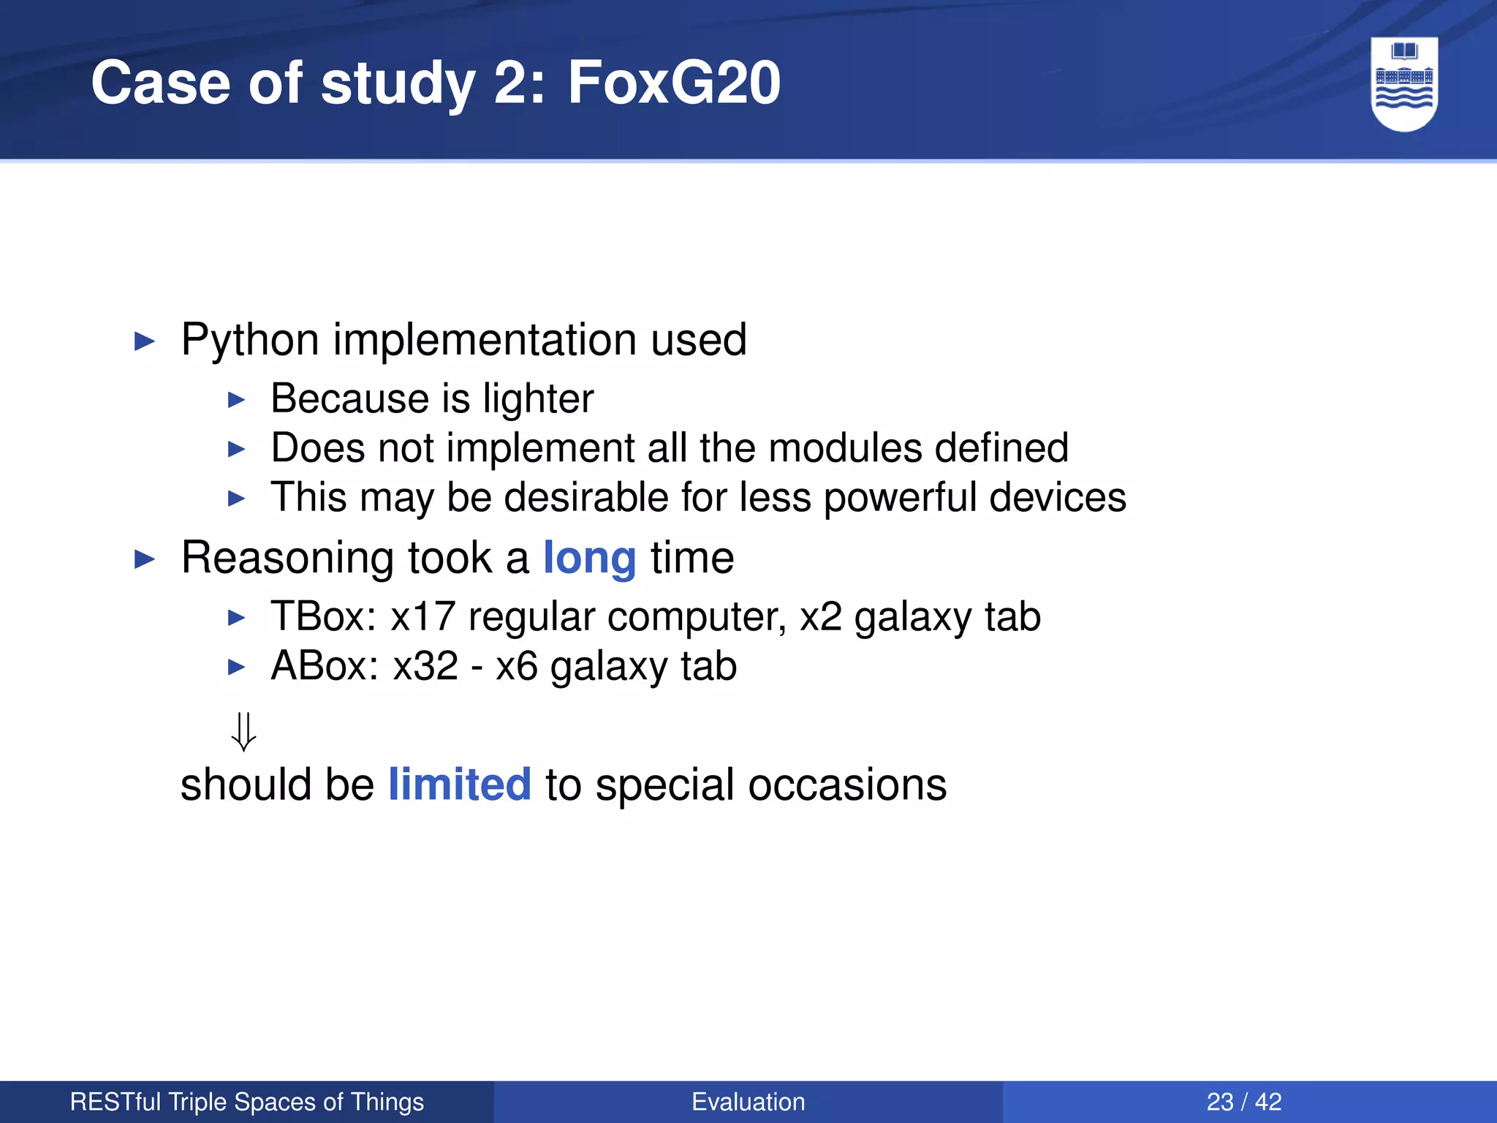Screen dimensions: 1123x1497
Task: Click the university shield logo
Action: tap(1404, 83)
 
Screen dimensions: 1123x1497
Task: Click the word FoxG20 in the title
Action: tap(674, 83)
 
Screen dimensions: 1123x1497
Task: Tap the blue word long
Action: tap(589, 559)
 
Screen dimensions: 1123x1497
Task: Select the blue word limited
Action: tap(459, 784)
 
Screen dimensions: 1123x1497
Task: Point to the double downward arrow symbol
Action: tap(243, 731)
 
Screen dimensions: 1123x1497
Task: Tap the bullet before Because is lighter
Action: tap(236, 400)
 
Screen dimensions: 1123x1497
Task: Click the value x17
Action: tap(423, 616)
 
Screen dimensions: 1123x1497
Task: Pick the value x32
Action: tap(425, 666)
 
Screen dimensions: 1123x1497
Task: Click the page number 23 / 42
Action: tap(1244, 1102)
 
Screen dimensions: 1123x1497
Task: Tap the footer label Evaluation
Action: tap(748, 1102)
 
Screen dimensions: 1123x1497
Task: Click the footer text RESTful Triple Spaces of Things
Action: tap(247, 1102)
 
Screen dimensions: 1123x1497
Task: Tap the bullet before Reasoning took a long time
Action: tap(145, 560)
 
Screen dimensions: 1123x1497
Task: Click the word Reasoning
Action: tap(288, 559)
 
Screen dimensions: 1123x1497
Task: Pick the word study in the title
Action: tap(398, 83)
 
